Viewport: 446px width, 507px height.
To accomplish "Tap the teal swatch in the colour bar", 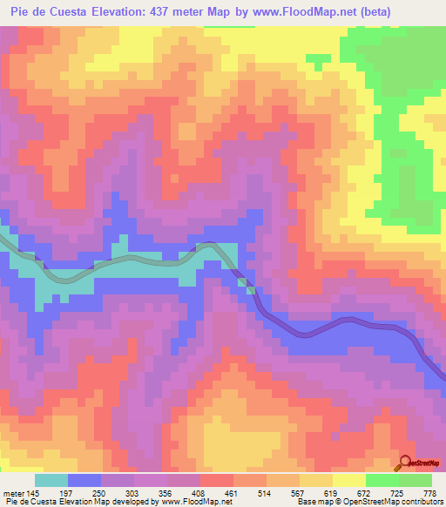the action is (51, 481).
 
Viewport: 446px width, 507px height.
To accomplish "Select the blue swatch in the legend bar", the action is (84, 481).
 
